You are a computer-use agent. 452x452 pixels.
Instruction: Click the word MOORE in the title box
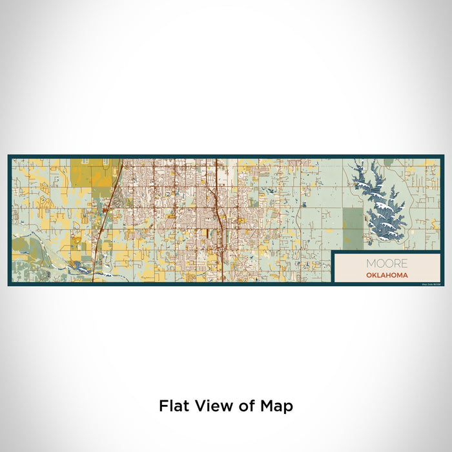click(387, 263)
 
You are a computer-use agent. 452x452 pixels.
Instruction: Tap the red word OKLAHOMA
click(387, 274)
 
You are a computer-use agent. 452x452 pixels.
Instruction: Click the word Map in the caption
click(278, 407)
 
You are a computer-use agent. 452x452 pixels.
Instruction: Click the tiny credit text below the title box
click(430, 283)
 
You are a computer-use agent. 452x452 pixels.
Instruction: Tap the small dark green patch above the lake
click(387, 162)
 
